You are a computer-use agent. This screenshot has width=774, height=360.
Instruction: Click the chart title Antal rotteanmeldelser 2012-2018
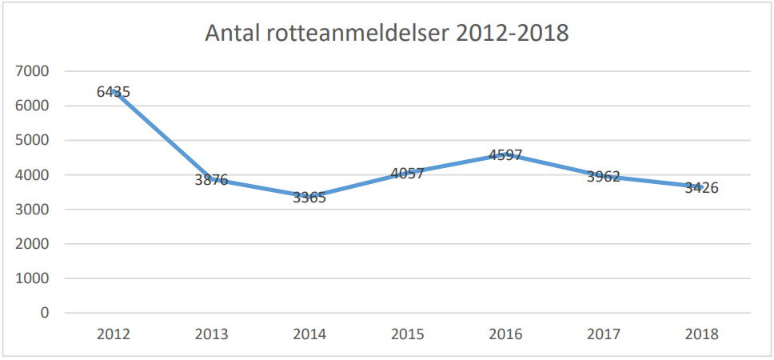tap(387, 34)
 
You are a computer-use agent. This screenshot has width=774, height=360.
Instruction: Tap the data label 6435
tap(113, 92)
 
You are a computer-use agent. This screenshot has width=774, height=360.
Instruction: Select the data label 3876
tap(211, 180)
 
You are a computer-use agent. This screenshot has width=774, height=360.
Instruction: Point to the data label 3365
tap(309, 198)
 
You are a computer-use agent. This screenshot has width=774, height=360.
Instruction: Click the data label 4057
tap(407, 173)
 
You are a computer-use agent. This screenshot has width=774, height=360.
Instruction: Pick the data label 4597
tap(505, 155)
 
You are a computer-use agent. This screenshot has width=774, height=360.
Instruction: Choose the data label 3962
tap(604, 176)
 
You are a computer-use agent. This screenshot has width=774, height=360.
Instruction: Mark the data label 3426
tap(701, 189)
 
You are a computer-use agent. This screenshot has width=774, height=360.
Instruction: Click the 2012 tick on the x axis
tap(113, 334)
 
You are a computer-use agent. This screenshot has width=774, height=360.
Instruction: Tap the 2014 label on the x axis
tap(309, 334)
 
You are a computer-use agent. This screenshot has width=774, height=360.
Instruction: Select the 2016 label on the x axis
tap(505, 334)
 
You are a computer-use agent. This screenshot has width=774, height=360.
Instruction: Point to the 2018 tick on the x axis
tap(701, 334)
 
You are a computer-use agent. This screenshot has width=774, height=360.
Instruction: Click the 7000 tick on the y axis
tap(33, 71)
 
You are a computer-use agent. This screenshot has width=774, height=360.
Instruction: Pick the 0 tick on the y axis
tap(45, 313)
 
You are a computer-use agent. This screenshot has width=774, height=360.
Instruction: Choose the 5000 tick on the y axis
tap(33, 140)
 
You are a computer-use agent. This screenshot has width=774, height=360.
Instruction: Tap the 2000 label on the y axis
tap(33, 244)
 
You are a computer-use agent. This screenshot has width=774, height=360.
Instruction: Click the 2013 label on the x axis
tap(211, 334)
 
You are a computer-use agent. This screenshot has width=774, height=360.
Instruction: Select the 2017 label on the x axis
tap(604, 334)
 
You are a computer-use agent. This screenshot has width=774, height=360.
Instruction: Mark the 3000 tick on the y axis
tap(33, 210)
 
